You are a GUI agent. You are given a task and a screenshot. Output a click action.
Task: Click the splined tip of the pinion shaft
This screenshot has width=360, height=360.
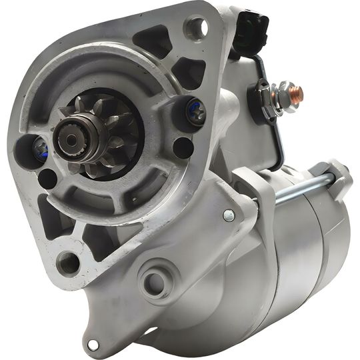pyautogui.click(x=69, y=137)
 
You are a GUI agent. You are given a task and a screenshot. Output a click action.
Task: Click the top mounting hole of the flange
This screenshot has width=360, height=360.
pyautogui.click(x=195, y=27)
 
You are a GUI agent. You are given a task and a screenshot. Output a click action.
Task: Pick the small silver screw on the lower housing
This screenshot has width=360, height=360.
pyautogui.click(x=229, y=215)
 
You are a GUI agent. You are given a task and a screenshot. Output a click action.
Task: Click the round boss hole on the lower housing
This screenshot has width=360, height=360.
pyautogui.click(x=155, y=283)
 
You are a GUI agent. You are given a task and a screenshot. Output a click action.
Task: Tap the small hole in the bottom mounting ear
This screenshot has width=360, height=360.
pyautogui.click(x=93, y=345)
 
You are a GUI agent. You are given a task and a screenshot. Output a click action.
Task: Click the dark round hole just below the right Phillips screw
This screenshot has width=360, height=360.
pyautogui.click(x=182, y=147)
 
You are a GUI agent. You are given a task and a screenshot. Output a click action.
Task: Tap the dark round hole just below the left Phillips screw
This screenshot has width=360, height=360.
pyautogui.click(x=47, y=178)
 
